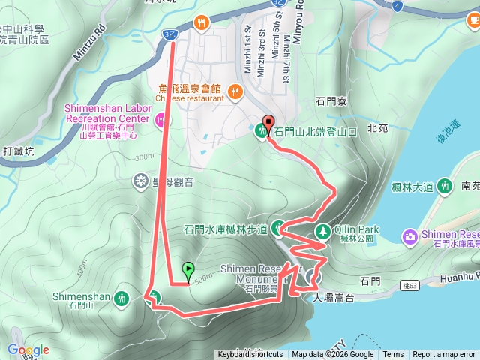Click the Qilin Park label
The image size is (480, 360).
click(358, 229)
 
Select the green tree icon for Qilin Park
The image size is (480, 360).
click(323, 231)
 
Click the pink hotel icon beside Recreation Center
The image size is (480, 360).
click(160, 118)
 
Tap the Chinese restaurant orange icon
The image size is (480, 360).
click(235, 92)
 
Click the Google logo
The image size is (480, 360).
click(28, 349)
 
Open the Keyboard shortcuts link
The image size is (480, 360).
click(250, 355)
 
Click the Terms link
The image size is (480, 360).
click(393, 355)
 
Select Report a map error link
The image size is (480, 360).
click(444, 355)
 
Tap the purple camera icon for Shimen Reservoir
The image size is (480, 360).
click(410, 237)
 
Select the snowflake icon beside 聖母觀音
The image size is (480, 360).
click(139, 181)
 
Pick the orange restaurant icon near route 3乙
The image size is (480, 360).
click(200, 22)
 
